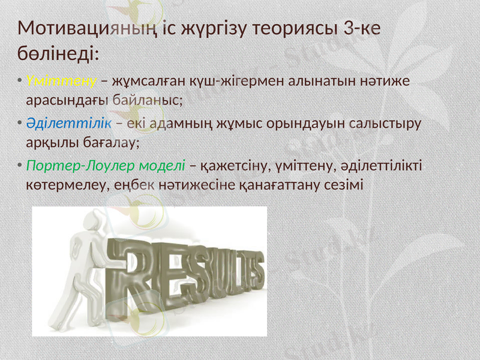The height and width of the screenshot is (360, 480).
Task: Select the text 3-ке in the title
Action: click(x=360, y=28)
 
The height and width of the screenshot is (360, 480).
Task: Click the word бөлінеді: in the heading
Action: click(x=58, y=53)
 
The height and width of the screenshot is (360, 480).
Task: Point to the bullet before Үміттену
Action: click(x=20, y=81)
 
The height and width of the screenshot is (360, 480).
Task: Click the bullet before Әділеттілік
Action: click(x=20, y=123)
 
